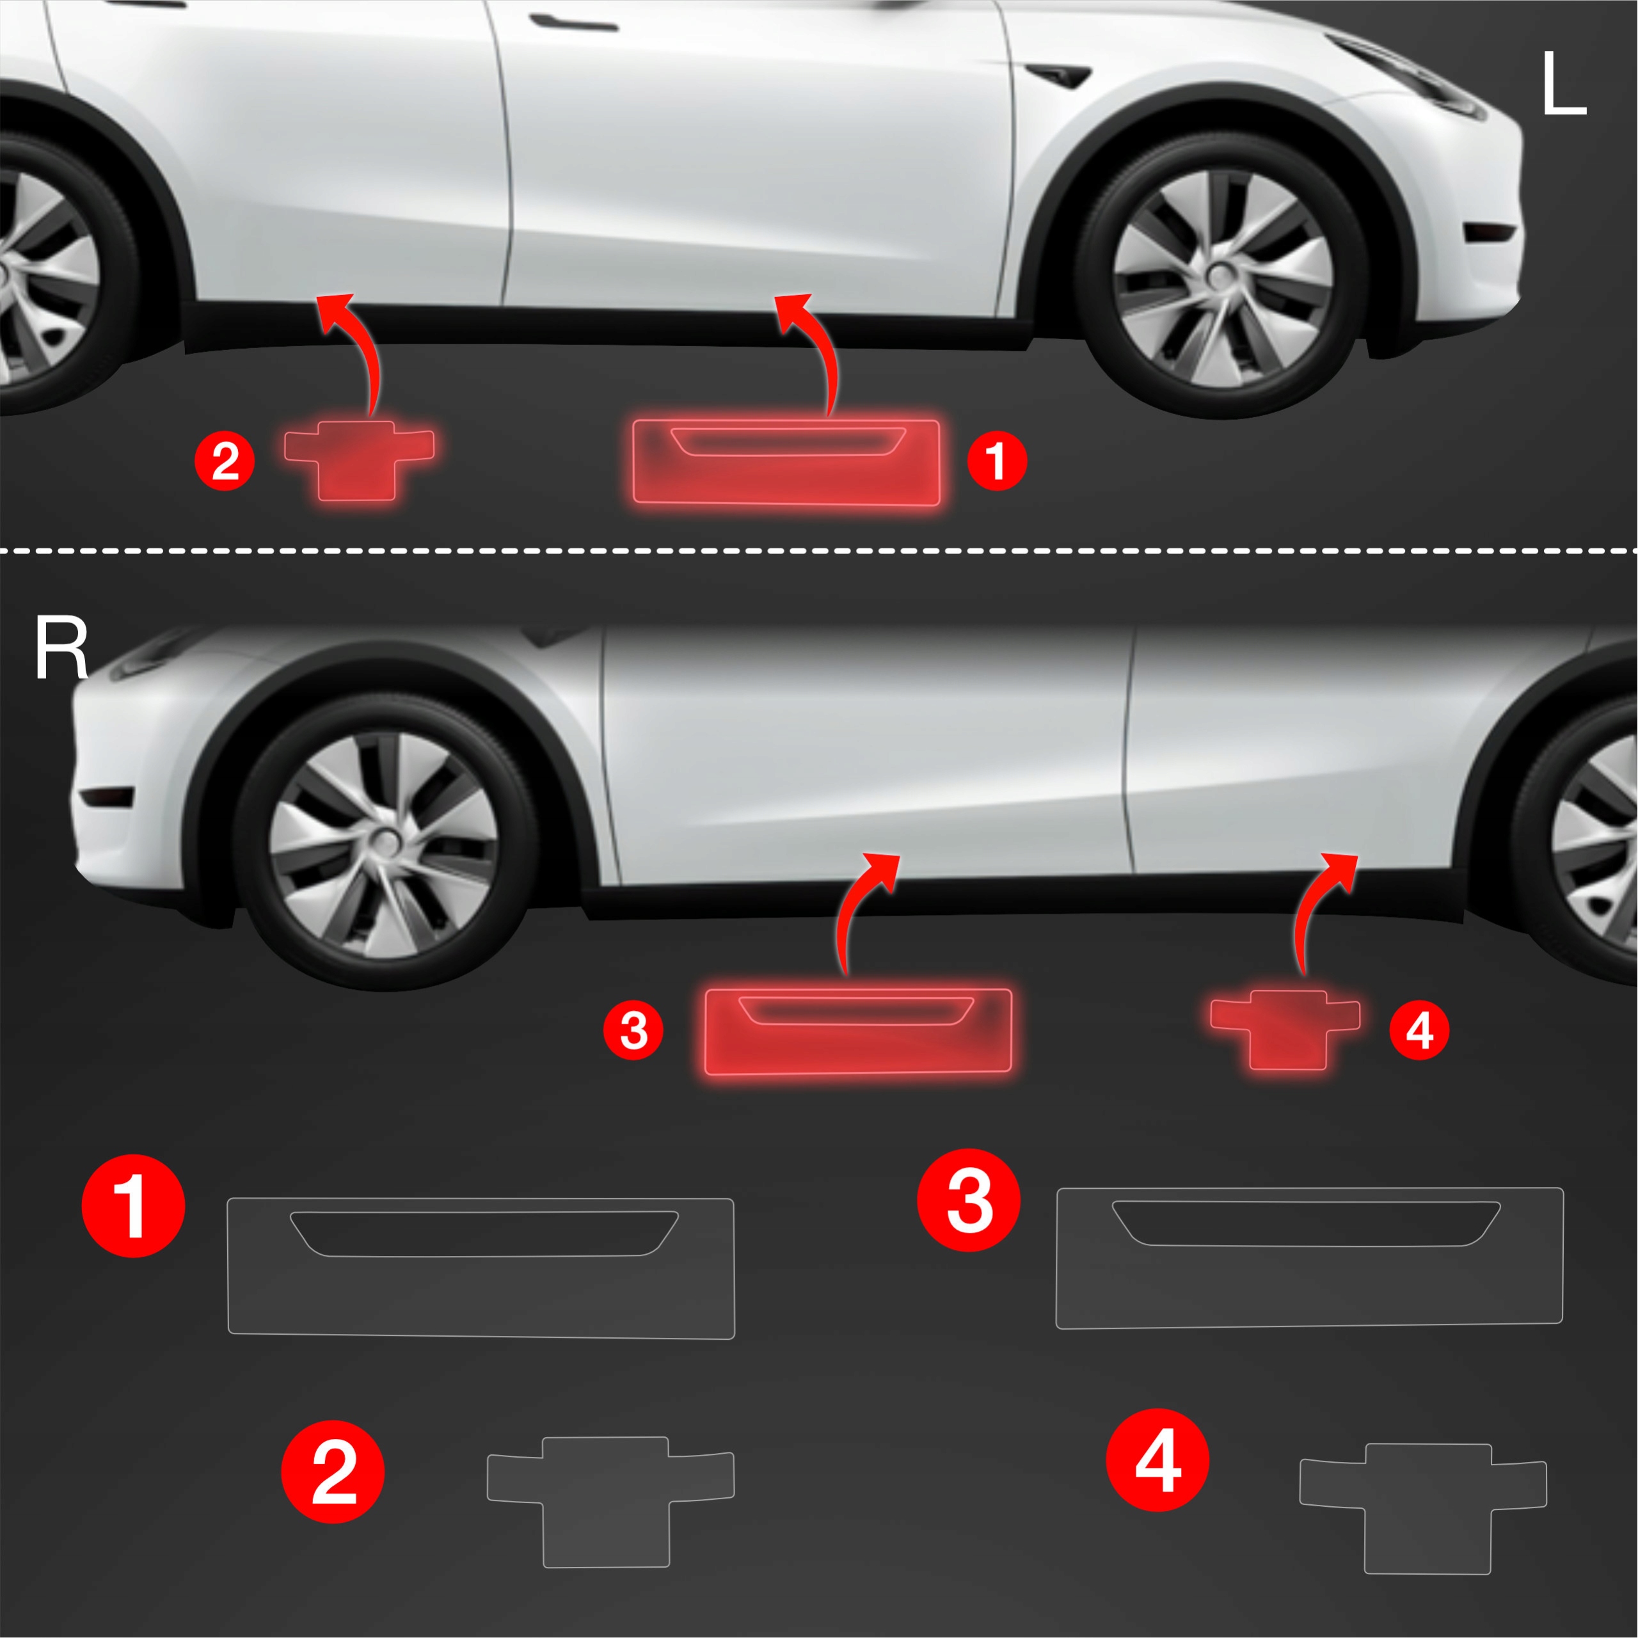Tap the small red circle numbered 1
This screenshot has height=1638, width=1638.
997,461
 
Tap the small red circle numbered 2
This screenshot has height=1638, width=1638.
225,461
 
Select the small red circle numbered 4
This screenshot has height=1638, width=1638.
1419,1031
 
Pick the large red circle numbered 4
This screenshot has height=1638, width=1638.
1158,1460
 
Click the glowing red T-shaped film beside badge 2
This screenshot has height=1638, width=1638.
360,459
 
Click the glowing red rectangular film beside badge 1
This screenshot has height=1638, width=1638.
786,463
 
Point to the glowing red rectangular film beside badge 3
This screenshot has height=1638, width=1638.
859,1031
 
